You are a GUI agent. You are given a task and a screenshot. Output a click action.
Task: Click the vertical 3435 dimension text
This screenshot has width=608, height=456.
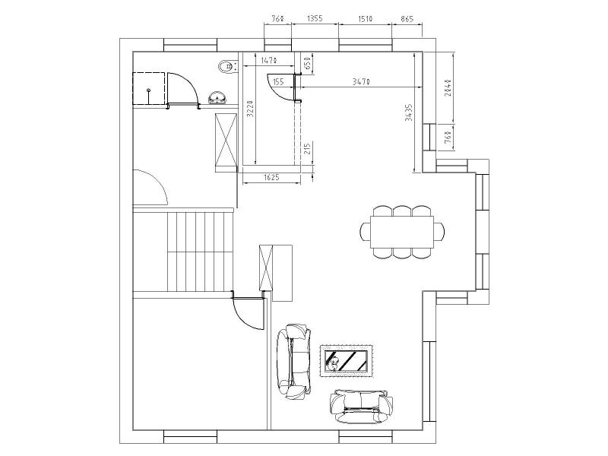tap(408, 112)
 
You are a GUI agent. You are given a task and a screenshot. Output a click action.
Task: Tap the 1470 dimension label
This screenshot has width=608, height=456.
tap(268, 59)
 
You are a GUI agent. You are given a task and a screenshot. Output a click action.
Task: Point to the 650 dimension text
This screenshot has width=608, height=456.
tap(306, 63)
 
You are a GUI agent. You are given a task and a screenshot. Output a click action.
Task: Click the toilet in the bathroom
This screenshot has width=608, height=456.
tap(226, 68)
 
